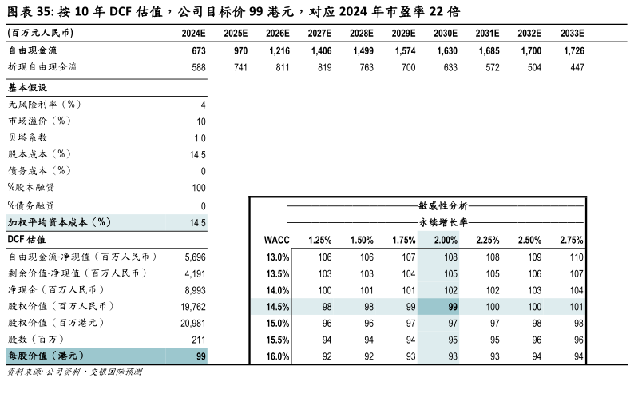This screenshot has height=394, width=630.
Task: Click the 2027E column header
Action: [x=319, y=34]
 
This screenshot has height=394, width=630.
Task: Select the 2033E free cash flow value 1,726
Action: [x=574, y=50]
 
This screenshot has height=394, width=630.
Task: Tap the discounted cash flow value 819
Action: [x=324, y=67]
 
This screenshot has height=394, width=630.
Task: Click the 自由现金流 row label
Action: [x=33, y=50]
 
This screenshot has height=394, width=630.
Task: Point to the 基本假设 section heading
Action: [x=27, y=87]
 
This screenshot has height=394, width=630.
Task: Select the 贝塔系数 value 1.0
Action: [x=200, y=138]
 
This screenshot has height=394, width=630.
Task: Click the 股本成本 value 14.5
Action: [x=198, y=155]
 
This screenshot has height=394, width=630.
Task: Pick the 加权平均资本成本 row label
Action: [x=59, y=222]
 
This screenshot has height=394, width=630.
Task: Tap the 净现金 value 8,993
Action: [x=195, y=290]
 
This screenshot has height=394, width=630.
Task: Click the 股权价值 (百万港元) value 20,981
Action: [x=193, y=323]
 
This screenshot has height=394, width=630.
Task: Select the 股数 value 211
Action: [x=199, y=340]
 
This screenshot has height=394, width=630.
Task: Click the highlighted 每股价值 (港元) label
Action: [x=46, y=356]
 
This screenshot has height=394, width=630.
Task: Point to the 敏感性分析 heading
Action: [x=443, y=206]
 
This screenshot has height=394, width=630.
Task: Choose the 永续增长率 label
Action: [x=443, y=222]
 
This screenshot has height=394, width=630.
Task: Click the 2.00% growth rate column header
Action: [x=446, y=240]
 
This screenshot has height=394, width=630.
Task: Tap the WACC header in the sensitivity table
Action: [x=276, y=240]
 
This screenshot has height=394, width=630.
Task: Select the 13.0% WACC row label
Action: [x=277, y=257]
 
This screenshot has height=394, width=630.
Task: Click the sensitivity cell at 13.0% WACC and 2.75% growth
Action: [x=577, y=257]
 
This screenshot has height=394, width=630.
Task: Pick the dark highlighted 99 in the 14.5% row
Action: [x=453, y=307]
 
